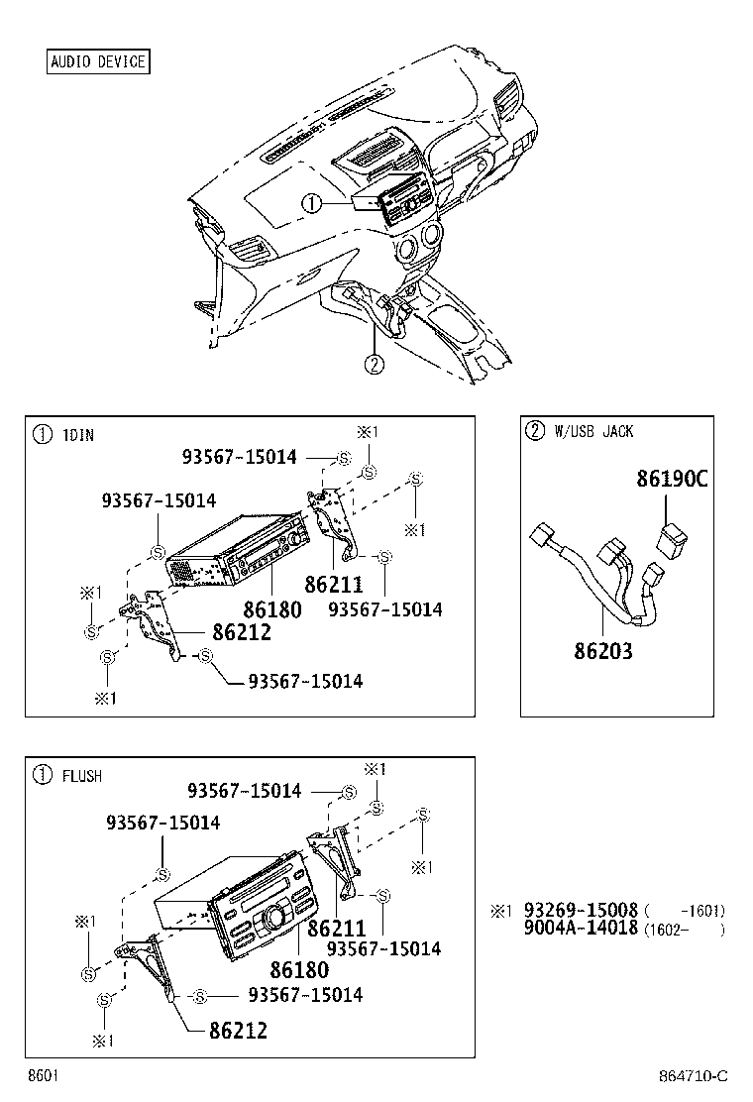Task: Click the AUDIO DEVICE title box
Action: (98, 62)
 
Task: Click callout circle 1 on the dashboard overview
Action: (312, 204)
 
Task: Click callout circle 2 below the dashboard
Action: (373, 364)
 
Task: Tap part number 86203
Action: (602, 651)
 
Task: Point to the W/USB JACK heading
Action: (593, 431)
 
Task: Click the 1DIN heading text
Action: (78, 434)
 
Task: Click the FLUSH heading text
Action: (82, 775)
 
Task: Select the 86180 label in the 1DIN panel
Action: (271, 609)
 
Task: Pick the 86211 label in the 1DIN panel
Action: (334, 585)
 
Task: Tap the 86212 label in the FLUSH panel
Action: (239, 1031)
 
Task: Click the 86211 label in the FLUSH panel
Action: (337, 929)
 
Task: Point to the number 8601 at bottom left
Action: (42, 1076)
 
